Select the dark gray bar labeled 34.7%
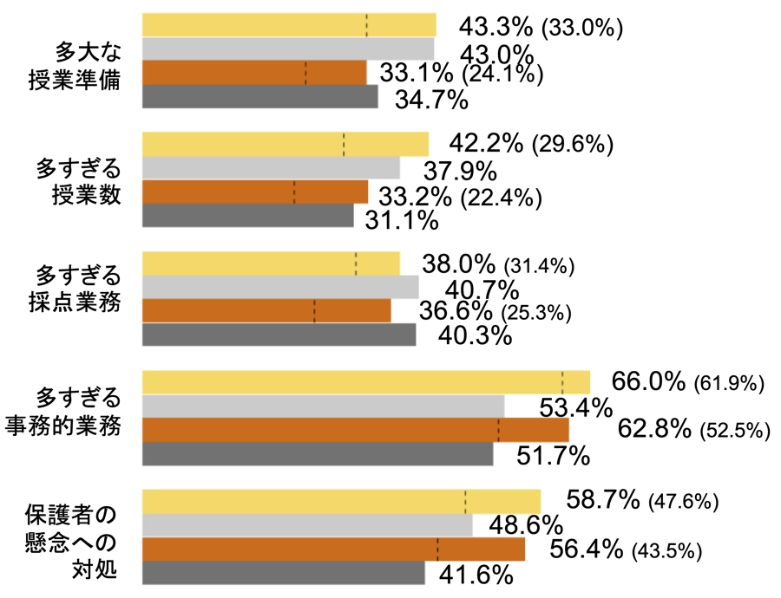tap(259, 96)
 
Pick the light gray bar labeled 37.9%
tap(270, 167)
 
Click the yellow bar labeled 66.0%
tap(365, 382)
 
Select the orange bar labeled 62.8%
tap(355, 430)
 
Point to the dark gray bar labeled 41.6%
tap(283, 573)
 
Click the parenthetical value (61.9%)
tap(729, 382)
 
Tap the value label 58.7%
tap(603, 500)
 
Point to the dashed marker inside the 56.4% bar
tap(437, 549)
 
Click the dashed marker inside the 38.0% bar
tap(356, 263)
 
